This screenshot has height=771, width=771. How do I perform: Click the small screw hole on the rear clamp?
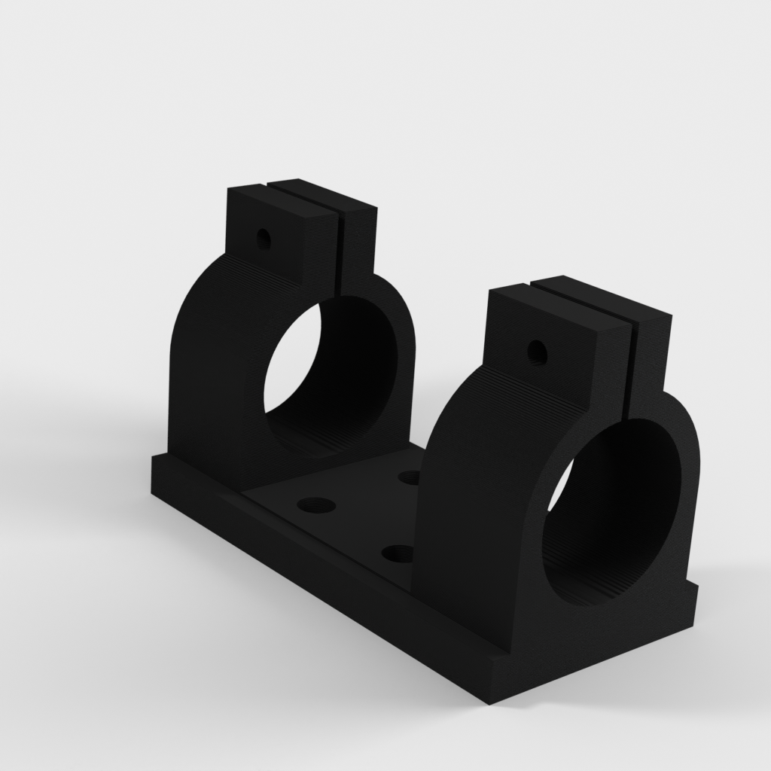pyautogui.click(x=263, y=240)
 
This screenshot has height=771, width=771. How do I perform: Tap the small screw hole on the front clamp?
pyautogui.click(x=537, y=351)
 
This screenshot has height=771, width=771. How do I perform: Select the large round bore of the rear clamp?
pyautogui.click(x=331, y=376)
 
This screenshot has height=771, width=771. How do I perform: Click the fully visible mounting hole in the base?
pyautogui.click(x=316, y=505)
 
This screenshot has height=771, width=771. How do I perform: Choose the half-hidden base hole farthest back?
pyautogui.click(x=410, y=477)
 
